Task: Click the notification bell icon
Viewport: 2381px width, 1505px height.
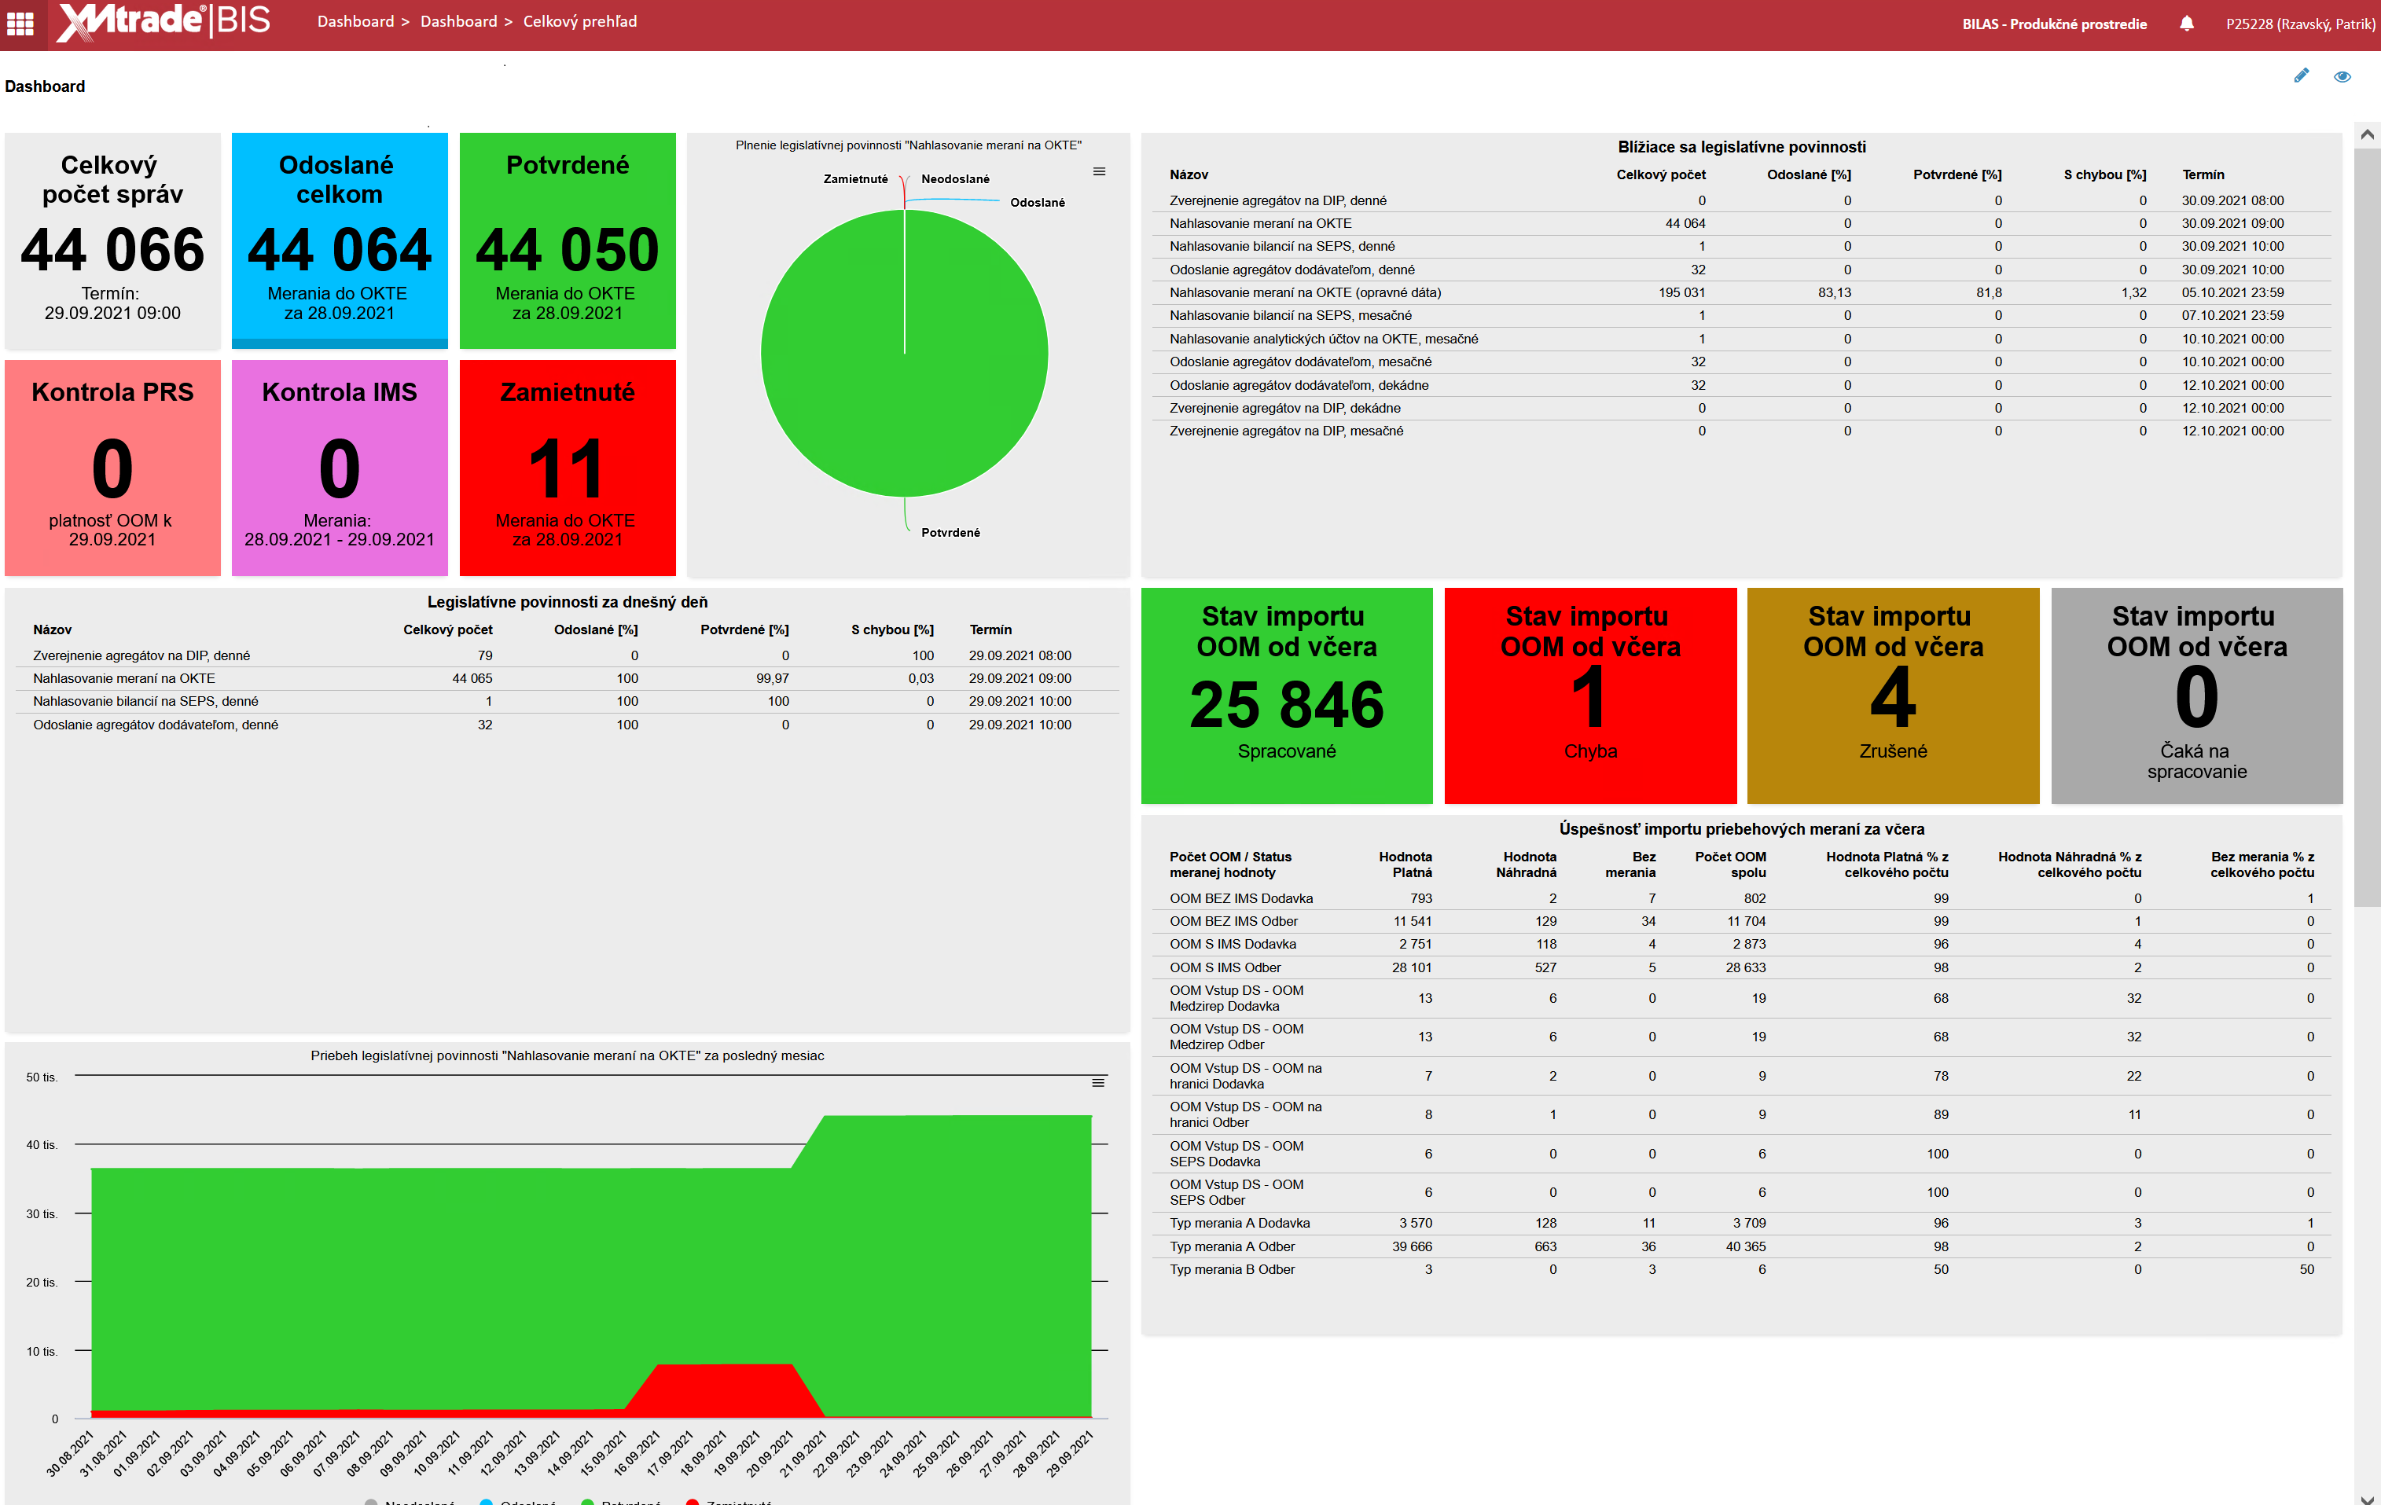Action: [2186, 24]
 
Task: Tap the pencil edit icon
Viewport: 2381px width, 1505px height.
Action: [2301, 76]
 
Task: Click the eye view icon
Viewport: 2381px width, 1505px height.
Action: [2342, 76]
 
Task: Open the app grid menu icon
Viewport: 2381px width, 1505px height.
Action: [20, 23]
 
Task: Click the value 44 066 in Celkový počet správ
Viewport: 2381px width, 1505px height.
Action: [112, 249]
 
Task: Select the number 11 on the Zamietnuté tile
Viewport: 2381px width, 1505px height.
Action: [567, 468]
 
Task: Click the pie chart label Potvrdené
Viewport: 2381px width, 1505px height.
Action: [950, 533]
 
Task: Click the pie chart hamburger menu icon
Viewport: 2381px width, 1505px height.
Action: [1099, 172]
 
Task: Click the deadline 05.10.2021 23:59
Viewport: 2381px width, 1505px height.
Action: [2232, 292]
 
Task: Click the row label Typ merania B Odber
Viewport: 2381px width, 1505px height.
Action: [1231, 1270]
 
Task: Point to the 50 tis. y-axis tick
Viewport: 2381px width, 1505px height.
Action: [42, 1077]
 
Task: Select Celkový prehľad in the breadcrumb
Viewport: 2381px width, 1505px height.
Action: [579, 22]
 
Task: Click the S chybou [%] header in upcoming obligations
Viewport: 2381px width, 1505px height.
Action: [2104, 175]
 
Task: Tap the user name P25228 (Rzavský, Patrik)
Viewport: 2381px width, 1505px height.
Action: [2300, 24]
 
